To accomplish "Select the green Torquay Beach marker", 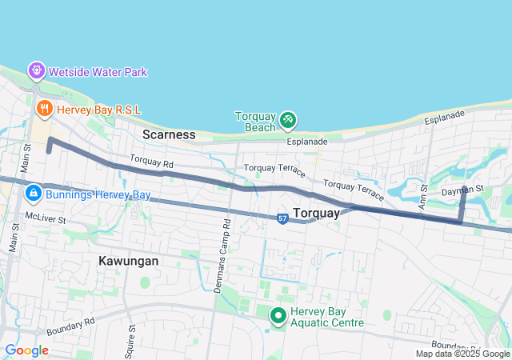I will click(288, 121).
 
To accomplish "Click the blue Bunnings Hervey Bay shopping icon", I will click(34, 193).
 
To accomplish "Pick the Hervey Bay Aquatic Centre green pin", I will click(278, 316).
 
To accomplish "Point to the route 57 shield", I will click(282, 218).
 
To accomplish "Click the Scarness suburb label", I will click(169, 134).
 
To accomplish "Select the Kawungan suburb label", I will click(128, 261).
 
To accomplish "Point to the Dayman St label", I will click(463, 190).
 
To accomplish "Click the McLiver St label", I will click(43, 217).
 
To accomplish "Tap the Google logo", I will click(26, 350).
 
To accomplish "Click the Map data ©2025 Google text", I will click(462, 354).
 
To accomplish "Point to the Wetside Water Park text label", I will click(98, 72).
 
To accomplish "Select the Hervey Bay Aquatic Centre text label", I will click(326, 317).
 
